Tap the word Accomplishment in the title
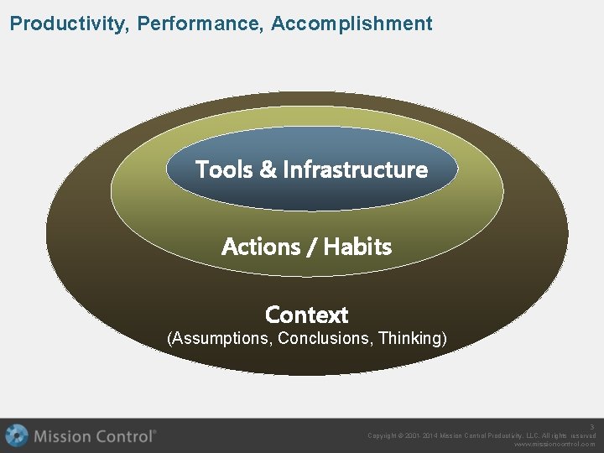(351, 23)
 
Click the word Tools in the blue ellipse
(224, 169)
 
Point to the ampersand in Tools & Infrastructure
(268, 169)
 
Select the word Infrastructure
(355, 169)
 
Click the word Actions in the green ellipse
(261, 247)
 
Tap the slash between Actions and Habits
(312, 247)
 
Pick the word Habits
(357, 247)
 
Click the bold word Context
(306, 315)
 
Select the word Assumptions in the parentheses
(221, 339)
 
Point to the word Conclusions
(325, 339)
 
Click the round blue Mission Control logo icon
(17, 435)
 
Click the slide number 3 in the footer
(591, 427)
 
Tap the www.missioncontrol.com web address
(555, 445)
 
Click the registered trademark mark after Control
(154, 432)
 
